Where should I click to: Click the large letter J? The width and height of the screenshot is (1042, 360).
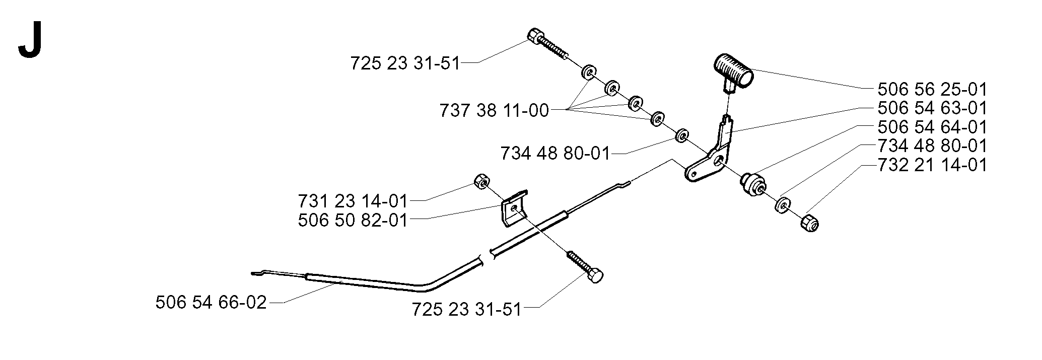29,43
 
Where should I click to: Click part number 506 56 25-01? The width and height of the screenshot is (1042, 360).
932,90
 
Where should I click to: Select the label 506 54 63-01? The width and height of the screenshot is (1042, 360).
932,108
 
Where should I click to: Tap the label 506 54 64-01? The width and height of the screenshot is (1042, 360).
932,127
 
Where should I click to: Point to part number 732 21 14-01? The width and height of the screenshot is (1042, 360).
932,165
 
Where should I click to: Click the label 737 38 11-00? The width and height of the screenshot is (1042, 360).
494,110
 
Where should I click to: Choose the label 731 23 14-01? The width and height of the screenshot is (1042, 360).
353,201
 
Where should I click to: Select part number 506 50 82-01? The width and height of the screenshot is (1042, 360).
353,220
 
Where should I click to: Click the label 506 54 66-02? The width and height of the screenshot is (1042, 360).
211,303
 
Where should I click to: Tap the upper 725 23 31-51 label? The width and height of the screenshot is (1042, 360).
405,64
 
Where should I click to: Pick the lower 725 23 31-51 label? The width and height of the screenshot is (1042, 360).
467,309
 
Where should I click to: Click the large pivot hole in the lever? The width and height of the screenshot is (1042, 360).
719,161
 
